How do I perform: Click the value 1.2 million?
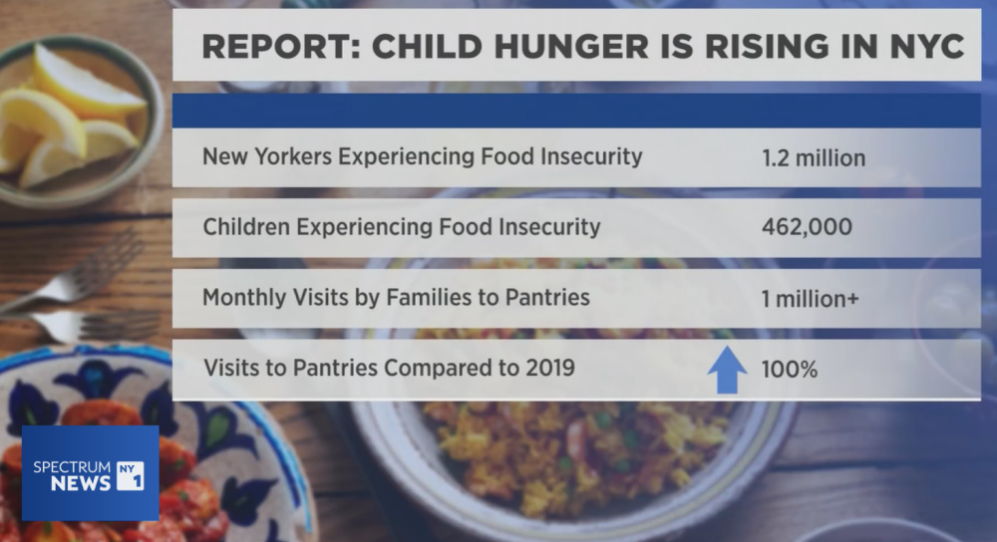click(813, 157)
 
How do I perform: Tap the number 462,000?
click(807, 227)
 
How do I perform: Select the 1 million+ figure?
click(810, 298)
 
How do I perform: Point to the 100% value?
click(789, 369)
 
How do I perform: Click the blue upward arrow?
click(727, 368)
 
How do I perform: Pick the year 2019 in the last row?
click(547, 368)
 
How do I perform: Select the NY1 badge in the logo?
click(131, 474)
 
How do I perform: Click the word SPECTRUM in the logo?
click(72, 465)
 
